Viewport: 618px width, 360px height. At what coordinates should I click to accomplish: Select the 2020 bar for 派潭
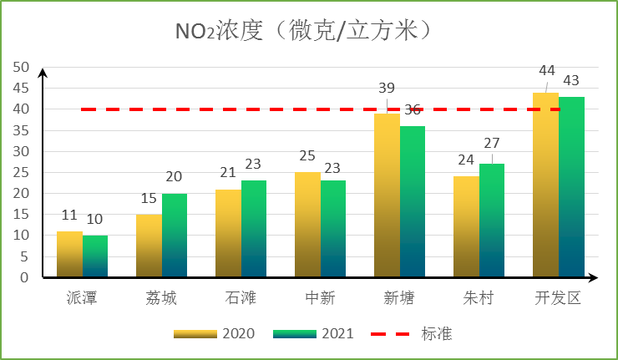[69, 254]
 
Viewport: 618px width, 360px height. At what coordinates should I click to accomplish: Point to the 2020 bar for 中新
[307, 225]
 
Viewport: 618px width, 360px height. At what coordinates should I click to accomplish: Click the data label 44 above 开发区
[547, 71]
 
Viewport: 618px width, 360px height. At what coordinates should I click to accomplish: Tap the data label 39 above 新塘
[387, 89]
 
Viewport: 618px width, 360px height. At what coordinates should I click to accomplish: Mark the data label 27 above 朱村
[493, 142]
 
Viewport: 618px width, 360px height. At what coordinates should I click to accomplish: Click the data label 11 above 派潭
[69, 215]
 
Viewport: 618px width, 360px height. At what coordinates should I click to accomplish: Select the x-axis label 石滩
[241, 298]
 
